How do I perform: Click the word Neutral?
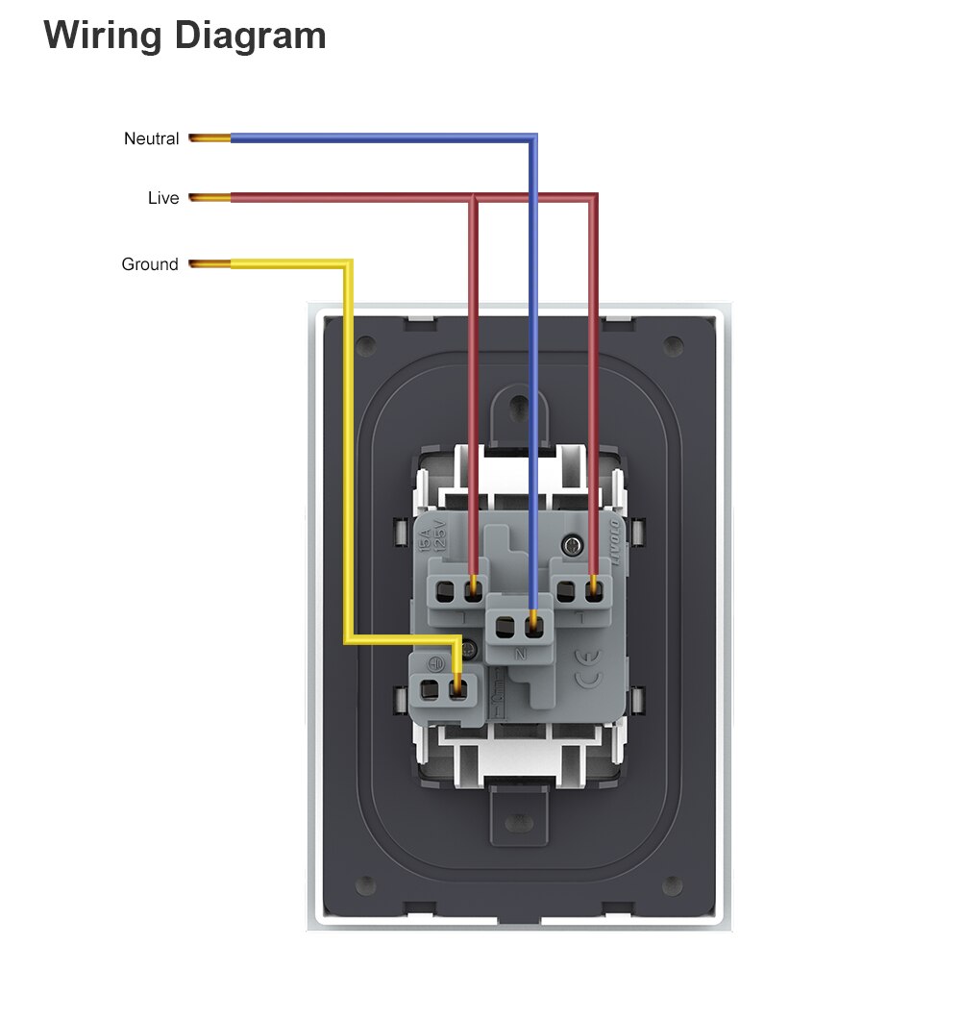(x=151, y=139)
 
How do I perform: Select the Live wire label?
(x=162, y=198)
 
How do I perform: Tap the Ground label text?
(x=149, y=264)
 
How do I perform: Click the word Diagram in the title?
(x=254, y=36)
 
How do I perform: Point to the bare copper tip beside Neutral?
(x=209, y=139)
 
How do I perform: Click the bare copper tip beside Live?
(x=209, y=198)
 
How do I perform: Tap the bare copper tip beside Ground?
(x=209, y=264)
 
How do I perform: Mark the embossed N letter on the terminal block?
(x=520, y=655)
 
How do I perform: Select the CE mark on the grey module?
(x=588, y=664)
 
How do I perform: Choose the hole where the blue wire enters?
(x=533, y=629)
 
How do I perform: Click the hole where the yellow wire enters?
(x=459, y=688)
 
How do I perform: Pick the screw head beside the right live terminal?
(x=575, y=546)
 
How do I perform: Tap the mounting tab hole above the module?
(x=519, y=405)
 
